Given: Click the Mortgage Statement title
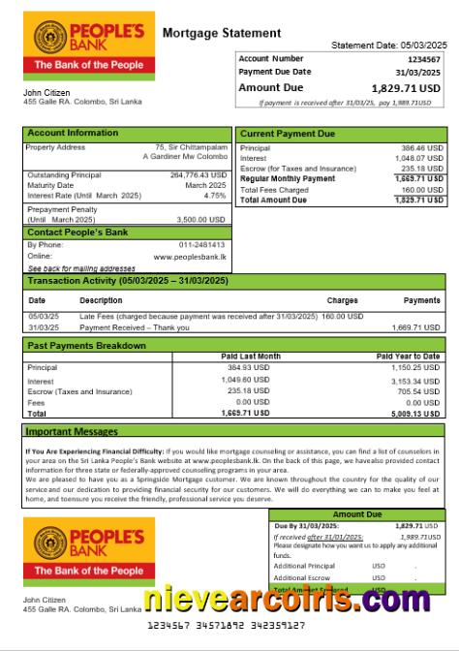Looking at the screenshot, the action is [x=222, y=33].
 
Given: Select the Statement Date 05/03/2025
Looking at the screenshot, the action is [x=389, y=46].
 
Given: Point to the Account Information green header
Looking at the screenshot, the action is [x=73, y=133].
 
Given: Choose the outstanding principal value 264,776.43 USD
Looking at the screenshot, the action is [x=198, y=174].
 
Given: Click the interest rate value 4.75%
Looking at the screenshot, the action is [x=215, y=195].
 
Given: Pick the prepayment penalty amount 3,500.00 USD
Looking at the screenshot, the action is [x=202, y=220].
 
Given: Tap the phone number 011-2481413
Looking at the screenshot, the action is [x=204, y=245].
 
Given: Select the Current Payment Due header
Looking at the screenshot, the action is [x=288, y=133].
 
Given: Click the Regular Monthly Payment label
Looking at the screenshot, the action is [x=288, y=179].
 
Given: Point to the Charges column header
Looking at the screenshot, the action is [x=342, y=300].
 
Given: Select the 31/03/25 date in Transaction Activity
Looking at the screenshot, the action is [x=43, y=326].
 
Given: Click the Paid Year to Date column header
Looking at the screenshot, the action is [x=408, y=356].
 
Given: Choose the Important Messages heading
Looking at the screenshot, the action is [x=71, y=431].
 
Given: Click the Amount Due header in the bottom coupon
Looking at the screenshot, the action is [x=357, y=514].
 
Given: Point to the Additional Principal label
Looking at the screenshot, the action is [x=304, y=566].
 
